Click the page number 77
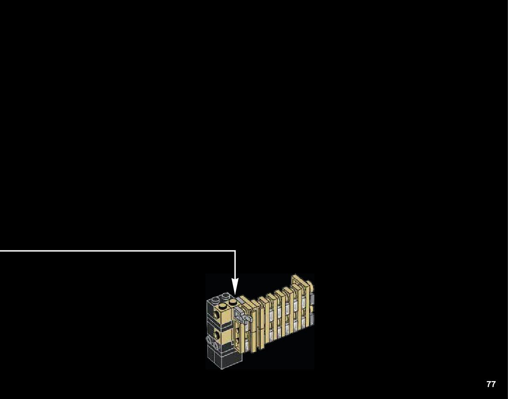click(491, 384)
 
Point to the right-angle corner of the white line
click(235, 251)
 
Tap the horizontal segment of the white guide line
click(115, 251)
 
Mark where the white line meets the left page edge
click(1, 251)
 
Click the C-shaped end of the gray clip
click(247, 317)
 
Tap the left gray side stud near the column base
click(209, 339)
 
